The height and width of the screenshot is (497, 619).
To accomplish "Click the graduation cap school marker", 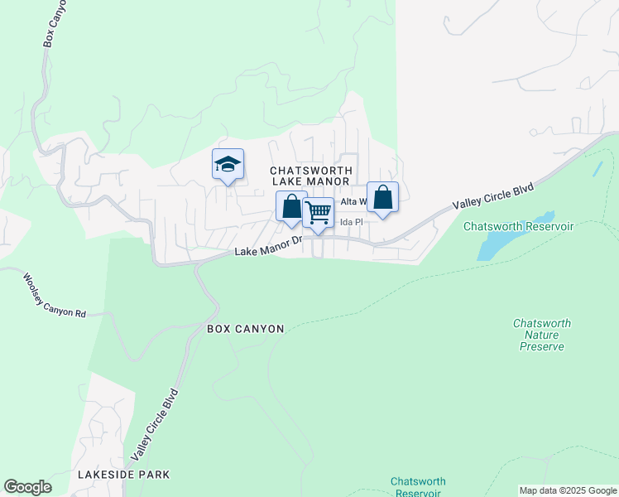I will coord(227,165).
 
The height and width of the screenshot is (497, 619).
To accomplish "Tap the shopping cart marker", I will coord(318,213).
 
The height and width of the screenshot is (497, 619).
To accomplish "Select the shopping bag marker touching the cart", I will coord(291,206).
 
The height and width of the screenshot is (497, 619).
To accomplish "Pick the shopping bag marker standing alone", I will coord(382,198).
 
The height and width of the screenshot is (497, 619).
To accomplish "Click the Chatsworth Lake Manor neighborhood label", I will coord(311,176).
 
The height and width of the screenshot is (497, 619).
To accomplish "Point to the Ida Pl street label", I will coord(352,222).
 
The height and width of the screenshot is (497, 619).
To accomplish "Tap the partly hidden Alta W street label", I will coord(353,201).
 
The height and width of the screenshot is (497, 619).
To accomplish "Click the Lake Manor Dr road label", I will coord(268,246).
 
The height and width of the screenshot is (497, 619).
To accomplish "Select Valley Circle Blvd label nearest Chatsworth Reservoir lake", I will coord(492,197).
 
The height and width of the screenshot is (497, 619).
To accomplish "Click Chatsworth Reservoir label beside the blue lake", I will coord(519,226).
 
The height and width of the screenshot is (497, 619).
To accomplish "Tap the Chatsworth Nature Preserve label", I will coord(542,335).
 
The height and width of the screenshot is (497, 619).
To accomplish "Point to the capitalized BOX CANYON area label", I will coord(245,329).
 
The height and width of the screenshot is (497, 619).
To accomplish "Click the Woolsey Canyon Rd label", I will coord(54,296).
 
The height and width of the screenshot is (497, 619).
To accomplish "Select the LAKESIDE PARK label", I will coord(123,475).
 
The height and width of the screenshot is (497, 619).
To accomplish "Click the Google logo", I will coord(27,487).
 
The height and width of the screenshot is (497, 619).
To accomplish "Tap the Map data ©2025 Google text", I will coord(568,490).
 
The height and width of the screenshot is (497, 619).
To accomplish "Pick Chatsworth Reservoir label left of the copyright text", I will coord(418,487).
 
